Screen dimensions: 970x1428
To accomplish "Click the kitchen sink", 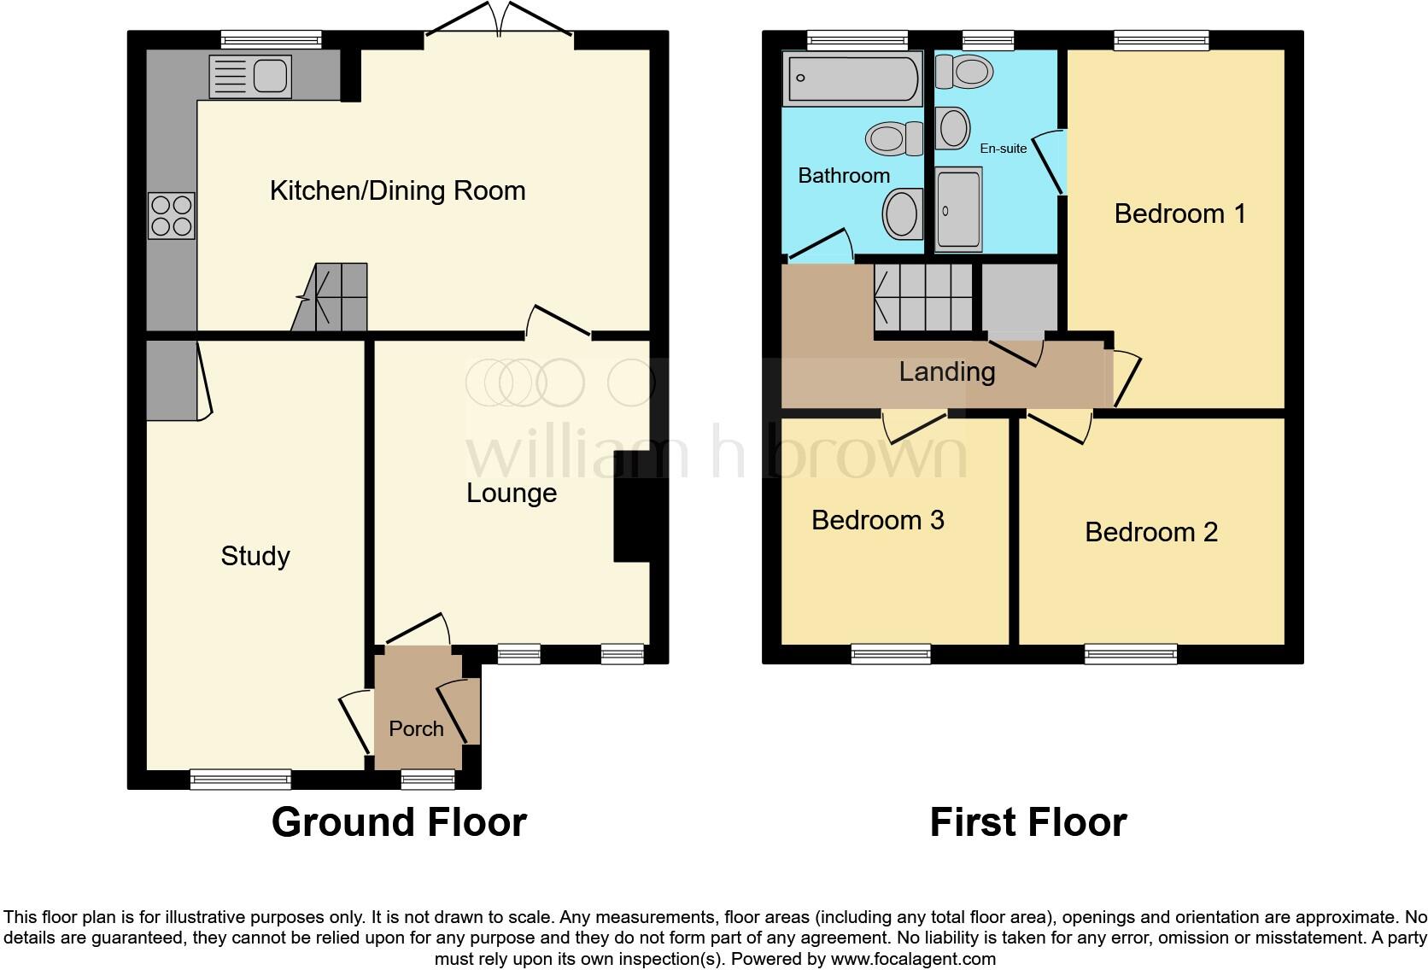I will pos(250,75).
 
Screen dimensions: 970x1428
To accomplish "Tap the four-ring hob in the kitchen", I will pos(172,215).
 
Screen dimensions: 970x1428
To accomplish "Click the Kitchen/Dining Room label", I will pos(397,190).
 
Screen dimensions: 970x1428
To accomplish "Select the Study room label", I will pos(255,556).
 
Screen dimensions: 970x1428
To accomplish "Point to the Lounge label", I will pos(512,493).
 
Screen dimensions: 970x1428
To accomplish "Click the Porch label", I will pos(416,728).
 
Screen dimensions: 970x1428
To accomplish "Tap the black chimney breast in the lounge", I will pos(632,519).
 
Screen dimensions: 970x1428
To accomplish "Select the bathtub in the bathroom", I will pos(852,78).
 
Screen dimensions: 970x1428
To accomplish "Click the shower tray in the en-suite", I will pos(958,209).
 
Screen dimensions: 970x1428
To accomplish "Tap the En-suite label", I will pos(1003,149).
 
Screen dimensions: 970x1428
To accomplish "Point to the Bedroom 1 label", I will pos(1179,213).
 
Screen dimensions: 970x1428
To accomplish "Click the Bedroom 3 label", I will pos(877,520).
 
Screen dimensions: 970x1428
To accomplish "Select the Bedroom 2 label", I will pos(1150,532).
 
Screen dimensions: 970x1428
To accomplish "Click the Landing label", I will pos(946,371).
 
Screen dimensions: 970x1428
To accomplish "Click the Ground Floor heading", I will pos(399,821).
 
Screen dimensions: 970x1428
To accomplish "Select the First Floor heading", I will pos(1027,821).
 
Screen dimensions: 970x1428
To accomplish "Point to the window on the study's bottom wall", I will pos(240,778).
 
